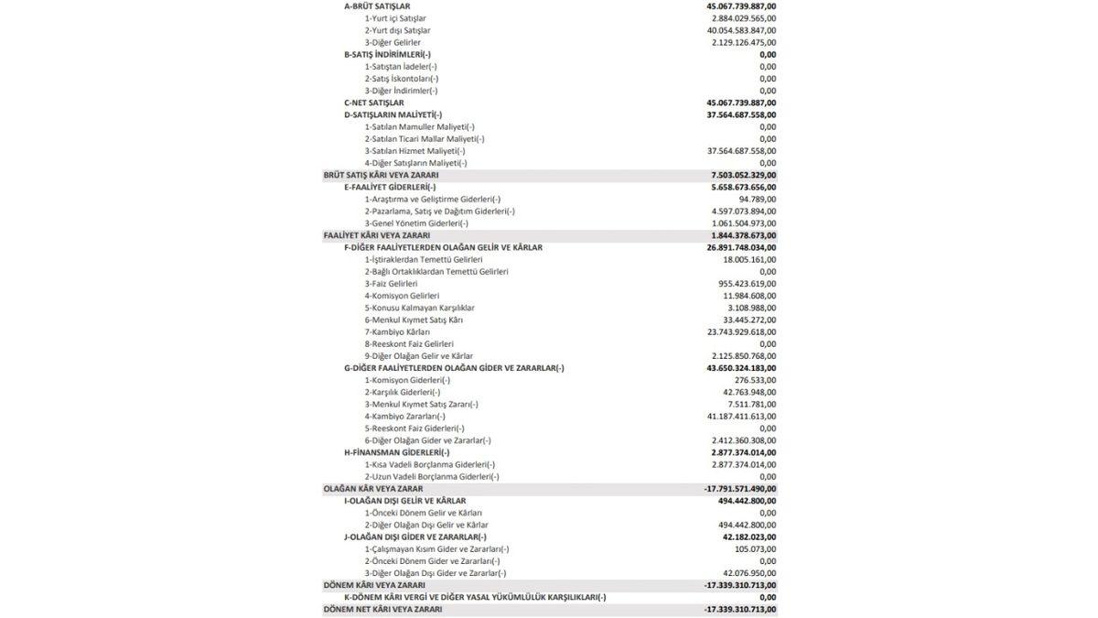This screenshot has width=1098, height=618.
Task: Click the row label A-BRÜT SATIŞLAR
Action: (x=377, y=6)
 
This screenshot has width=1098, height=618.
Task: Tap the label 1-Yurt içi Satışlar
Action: (x=395, y=18)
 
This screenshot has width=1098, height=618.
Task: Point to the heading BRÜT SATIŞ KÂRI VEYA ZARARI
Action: (x=381, y=175)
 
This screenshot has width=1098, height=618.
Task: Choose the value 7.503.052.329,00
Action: (x=743, y=175)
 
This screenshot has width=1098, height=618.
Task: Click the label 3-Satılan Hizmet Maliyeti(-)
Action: (x=414, y=151)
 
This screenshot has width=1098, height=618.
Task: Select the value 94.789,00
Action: (x=758, y=199)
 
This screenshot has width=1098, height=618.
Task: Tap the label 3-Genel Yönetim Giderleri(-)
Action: (x=416, y=223)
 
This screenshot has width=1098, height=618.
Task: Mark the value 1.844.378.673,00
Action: (x=743, y=235)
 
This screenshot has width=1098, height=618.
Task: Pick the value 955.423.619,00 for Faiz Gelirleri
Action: (x=747, y=284)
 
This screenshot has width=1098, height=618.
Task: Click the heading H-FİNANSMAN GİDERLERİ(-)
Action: (x=397, y=452)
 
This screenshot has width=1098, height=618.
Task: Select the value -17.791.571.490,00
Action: (x=740, y=489)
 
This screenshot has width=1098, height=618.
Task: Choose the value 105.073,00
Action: (x=755, y=549)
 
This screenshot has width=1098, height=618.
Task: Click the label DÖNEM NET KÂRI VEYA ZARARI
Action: (x=382, y=609)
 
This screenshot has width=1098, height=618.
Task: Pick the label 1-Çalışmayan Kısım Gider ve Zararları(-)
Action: (x=434, y=549)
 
